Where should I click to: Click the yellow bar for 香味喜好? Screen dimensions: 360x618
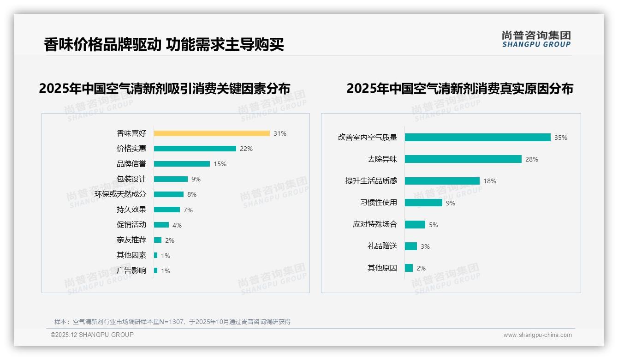pyautogui.click(x=212, y=133)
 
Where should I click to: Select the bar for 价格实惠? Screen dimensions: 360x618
pyautogui.click(x=195, y=149)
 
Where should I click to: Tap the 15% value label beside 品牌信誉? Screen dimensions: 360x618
pyautogui.click(x=220, y=164)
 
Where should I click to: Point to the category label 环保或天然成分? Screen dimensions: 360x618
pyautogui.click(x=120, y=194)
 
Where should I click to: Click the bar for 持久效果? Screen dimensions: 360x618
pyautogui.click(x=167, y=210)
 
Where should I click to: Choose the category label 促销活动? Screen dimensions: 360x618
pyautogui.click(x=131, y=225)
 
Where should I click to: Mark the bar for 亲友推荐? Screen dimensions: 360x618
pyautogui.click(x=158, y=240)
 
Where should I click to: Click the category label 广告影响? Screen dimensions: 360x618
pyautogui.click(x=131, y=270)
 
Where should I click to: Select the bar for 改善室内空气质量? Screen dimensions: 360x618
pyautogui.click(x=478, y=138)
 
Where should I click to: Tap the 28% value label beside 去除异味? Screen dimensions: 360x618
pyautogui.click(x=532, y=159)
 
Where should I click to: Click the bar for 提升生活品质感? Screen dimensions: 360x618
pyautogui.click(x=442, y=181)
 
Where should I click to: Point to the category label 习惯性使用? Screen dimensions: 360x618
pyautogui.click(x=379, y=203)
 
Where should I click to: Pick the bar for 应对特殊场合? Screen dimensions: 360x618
pyautogui.click(x=415, y=224)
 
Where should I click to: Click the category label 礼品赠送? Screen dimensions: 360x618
pyautogui.click(x=382, y=246)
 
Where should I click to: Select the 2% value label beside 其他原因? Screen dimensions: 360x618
pyautogui.click(x=421, y=268)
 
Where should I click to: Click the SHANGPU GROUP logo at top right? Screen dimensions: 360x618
pyautogui.click(x=536, y=39)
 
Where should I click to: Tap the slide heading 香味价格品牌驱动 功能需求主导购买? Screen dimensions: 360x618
pyautogui.click(x=164, y=45)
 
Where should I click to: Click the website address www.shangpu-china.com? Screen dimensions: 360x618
pyautogui.click(x=537, y=335)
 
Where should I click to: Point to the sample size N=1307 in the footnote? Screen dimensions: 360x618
pyautogui.click(x=172, y=322)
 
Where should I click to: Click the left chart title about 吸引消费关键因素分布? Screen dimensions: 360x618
pyautogui.click(x=165, y=88)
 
